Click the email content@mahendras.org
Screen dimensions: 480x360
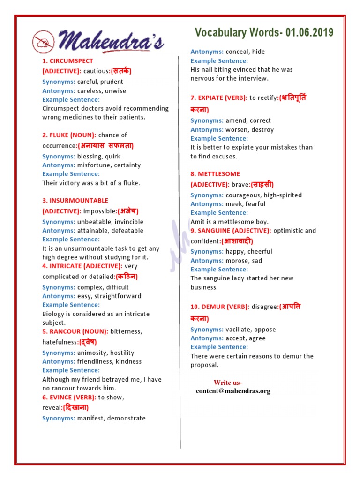233,391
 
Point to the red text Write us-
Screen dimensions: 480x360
228,382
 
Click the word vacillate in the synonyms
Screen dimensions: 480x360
240,330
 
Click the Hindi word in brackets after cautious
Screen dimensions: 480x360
121,71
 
